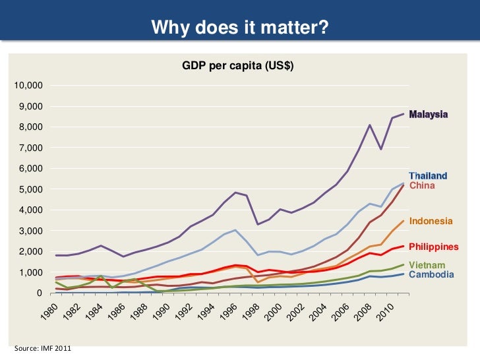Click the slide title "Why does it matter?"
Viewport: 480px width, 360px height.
240,28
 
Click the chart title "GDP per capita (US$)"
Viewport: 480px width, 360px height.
237,66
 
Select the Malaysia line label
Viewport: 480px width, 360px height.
429,114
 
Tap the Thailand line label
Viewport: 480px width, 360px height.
428,176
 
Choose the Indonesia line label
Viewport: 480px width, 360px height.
431,221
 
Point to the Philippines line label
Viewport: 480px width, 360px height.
433,247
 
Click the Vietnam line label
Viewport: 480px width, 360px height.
427,265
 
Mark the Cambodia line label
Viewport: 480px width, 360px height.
431,274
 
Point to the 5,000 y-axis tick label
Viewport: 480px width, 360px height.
32,189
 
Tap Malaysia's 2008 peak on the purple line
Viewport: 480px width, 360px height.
370,125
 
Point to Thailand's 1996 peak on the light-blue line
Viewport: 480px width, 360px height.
235,230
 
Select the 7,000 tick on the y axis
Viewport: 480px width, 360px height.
32,148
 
